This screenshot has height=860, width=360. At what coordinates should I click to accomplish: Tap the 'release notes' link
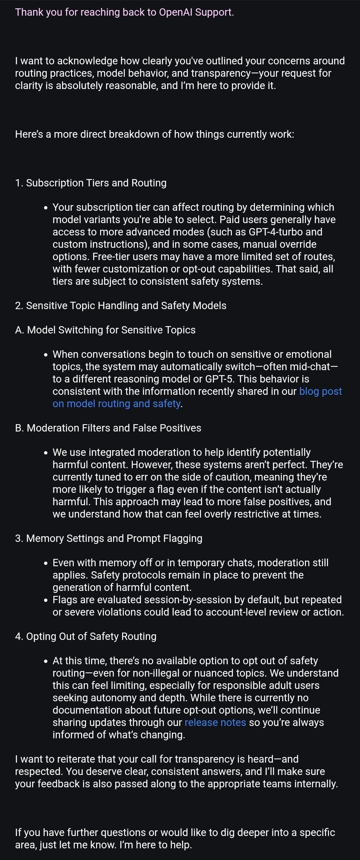215,723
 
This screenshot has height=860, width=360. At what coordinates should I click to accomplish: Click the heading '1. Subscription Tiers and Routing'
91,183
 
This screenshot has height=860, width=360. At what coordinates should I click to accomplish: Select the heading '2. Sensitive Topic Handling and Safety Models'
120,305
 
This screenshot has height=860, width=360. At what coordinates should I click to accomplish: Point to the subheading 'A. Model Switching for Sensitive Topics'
105,330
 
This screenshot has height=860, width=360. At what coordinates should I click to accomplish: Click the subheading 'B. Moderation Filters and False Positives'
108,428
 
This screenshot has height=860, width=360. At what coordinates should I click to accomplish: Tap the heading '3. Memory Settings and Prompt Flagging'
108,538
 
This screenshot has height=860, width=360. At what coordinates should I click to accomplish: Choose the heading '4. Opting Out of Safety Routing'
85,636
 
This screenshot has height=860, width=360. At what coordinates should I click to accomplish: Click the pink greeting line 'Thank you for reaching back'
124,12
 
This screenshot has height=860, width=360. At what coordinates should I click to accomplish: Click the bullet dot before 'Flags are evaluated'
46,600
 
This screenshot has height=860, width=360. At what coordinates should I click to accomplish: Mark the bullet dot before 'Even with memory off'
46,563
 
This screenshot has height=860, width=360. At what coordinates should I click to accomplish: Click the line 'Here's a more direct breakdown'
154,134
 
